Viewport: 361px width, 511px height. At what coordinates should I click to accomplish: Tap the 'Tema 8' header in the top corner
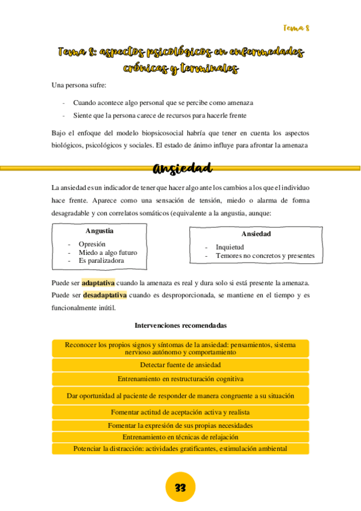tap(296, 28)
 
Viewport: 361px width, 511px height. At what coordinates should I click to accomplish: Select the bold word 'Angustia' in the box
tap(99, 231)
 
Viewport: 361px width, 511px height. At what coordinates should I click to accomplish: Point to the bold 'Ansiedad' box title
tap(256, 234)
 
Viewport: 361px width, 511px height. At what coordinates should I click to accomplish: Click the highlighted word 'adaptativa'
tap(98, 283)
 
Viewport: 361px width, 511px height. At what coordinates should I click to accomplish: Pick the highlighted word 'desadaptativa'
tap(105, 295)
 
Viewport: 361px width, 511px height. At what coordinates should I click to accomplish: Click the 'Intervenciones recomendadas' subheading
tap(180, 325)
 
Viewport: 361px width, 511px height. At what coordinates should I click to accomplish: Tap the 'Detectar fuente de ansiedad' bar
tap(180, 365)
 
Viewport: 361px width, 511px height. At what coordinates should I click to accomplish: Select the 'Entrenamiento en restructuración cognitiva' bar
tap(180, 379)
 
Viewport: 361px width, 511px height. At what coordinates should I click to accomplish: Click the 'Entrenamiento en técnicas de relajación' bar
tap(180, 437)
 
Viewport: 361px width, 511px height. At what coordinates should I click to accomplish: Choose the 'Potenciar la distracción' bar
tap(180, 448)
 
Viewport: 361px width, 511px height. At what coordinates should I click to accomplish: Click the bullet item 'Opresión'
tap(92, 244)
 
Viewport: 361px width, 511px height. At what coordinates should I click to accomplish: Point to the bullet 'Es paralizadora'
tap(101, 261)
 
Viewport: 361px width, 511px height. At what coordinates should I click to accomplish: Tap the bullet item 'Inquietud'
tap(230, 247)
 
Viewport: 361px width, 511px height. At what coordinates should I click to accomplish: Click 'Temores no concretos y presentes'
tap(265, 255)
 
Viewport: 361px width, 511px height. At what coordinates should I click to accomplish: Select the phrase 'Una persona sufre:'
tap(79, 85)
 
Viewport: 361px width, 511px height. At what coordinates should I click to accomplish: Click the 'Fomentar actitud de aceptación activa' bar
tap(180, 412)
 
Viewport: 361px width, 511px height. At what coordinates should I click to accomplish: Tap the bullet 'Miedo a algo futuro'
tap(108, 252)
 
